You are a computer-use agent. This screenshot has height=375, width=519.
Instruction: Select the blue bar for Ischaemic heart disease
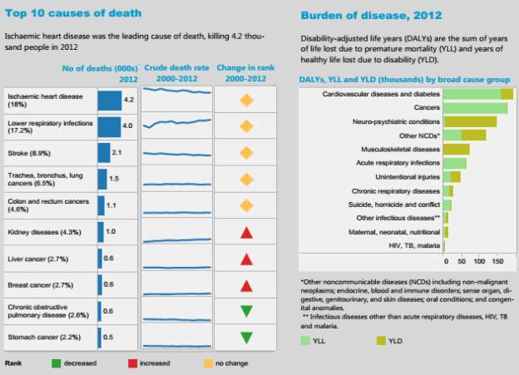tap(109, 101)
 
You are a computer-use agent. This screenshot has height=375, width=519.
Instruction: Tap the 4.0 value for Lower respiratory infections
tap(127, 126)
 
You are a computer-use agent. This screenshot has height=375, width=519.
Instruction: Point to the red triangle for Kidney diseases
tap(246, 232)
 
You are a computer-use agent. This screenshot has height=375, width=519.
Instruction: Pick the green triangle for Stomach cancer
tap(246, 338)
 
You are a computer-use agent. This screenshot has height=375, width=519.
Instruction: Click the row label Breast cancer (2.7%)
tap(38, 284)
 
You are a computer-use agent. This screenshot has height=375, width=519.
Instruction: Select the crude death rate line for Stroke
tap(175, 154)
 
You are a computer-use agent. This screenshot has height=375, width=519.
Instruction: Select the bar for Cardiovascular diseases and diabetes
tap(478, 94)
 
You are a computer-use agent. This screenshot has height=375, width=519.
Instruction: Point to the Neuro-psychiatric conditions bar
tap(470, 121)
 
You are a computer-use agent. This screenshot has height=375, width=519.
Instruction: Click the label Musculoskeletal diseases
tap(406, 149)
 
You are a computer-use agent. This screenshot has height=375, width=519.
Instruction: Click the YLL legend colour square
tap(307, 340)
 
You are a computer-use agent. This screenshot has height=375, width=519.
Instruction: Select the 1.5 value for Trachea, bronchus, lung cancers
tap(113, 179)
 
